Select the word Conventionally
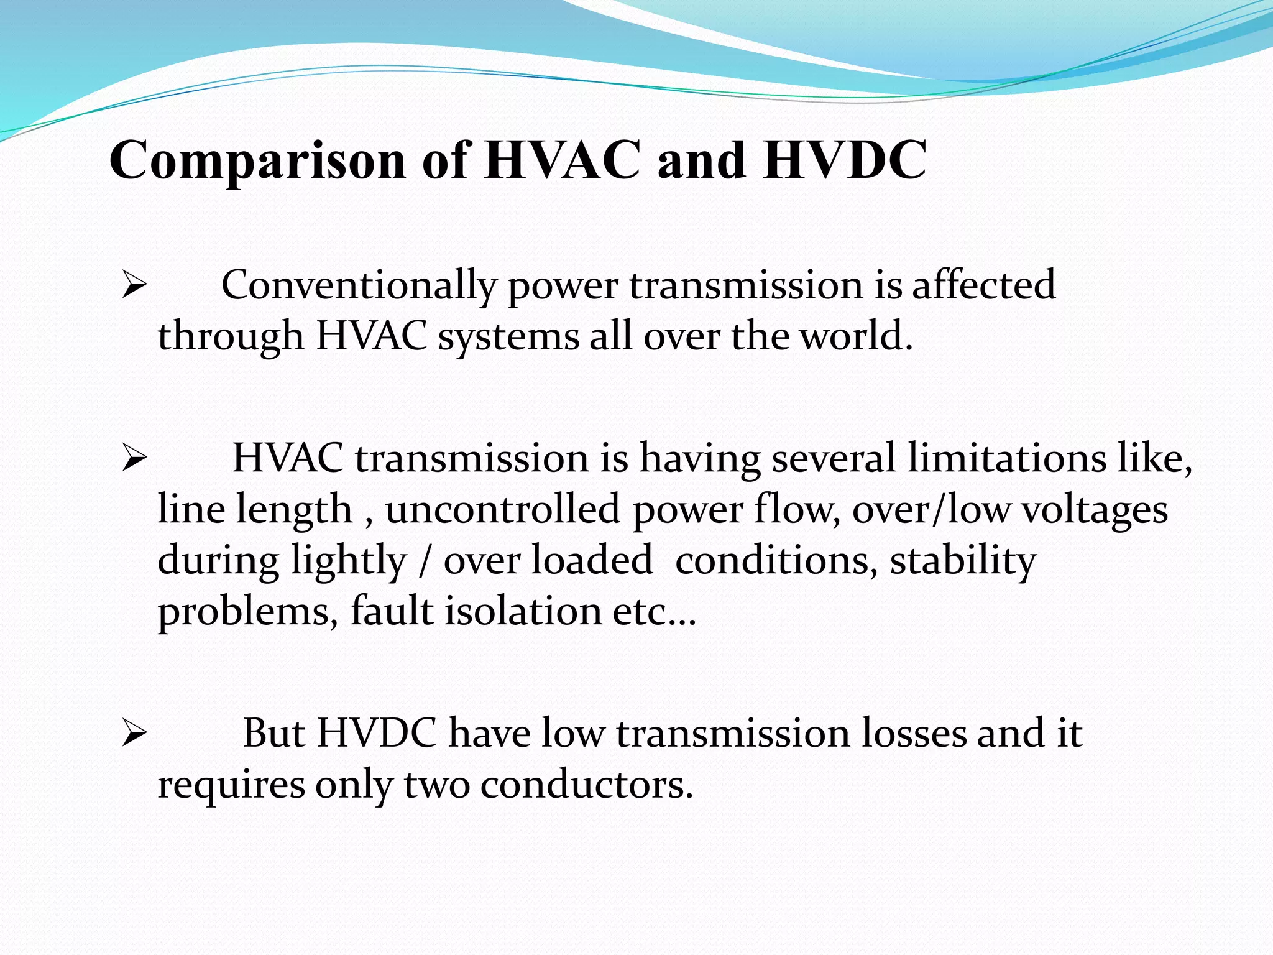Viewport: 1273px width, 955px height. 359,286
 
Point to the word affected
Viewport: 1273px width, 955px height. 983,285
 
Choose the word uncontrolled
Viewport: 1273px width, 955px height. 502,509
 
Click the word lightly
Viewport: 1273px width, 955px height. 349,561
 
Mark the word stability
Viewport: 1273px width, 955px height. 963,561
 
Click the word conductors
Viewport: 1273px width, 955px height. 586,785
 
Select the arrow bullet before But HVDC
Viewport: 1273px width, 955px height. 134,734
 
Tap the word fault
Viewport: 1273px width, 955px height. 392,611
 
